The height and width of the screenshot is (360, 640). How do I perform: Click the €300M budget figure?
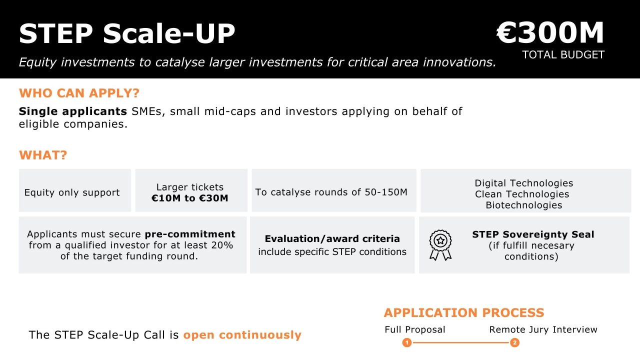[x=550, y=33]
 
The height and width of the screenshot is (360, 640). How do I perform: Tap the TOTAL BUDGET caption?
[x=563, y=55]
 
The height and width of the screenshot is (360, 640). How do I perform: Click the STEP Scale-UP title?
[x=127, y=34]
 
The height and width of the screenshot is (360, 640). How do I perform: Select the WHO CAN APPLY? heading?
[x=79, y=93]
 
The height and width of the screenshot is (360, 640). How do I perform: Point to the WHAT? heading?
[x=43, y=155]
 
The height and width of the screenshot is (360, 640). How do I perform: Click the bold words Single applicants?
[x=73, y=111]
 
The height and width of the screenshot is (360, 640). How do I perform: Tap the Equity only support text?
[x=72, y=192]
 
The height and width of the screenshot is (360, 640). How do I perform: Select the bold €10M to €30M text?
[x=190, y=198]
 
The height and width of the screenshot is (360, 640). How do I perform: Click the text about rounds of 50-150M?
[x=331, y=192]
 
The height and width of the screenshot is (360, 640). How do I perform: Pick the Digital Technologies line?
[x=523, y=183]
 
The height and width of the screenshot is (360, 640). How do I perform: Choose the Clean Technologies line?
[x=522, y=194]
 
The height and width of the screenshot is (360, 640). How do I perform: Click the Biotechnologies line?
[x=523, y=205]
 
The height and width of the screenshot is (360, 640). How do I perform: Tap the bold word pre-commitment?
[x=190, y=234]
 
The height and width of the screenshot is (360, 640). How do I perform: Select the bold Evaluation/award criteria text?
[x=332, y=238]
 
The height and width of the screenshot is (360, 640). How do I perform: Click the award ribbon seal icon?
[x=440, y=244]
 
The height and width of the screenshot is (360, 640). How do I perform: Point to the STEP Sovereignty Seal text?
[x=533, y=234]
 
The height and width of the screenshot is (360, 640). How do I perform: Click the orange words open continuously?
[x=242, y=335]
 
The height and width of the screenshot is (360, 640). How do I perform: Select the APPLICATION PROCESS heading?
[x=463, y=313]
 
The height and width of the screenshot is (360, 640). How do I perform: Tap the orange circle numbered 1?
[x=407, y=343]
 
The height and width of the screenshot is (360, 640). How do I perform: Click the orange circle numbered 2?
[x=514, y=343]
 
